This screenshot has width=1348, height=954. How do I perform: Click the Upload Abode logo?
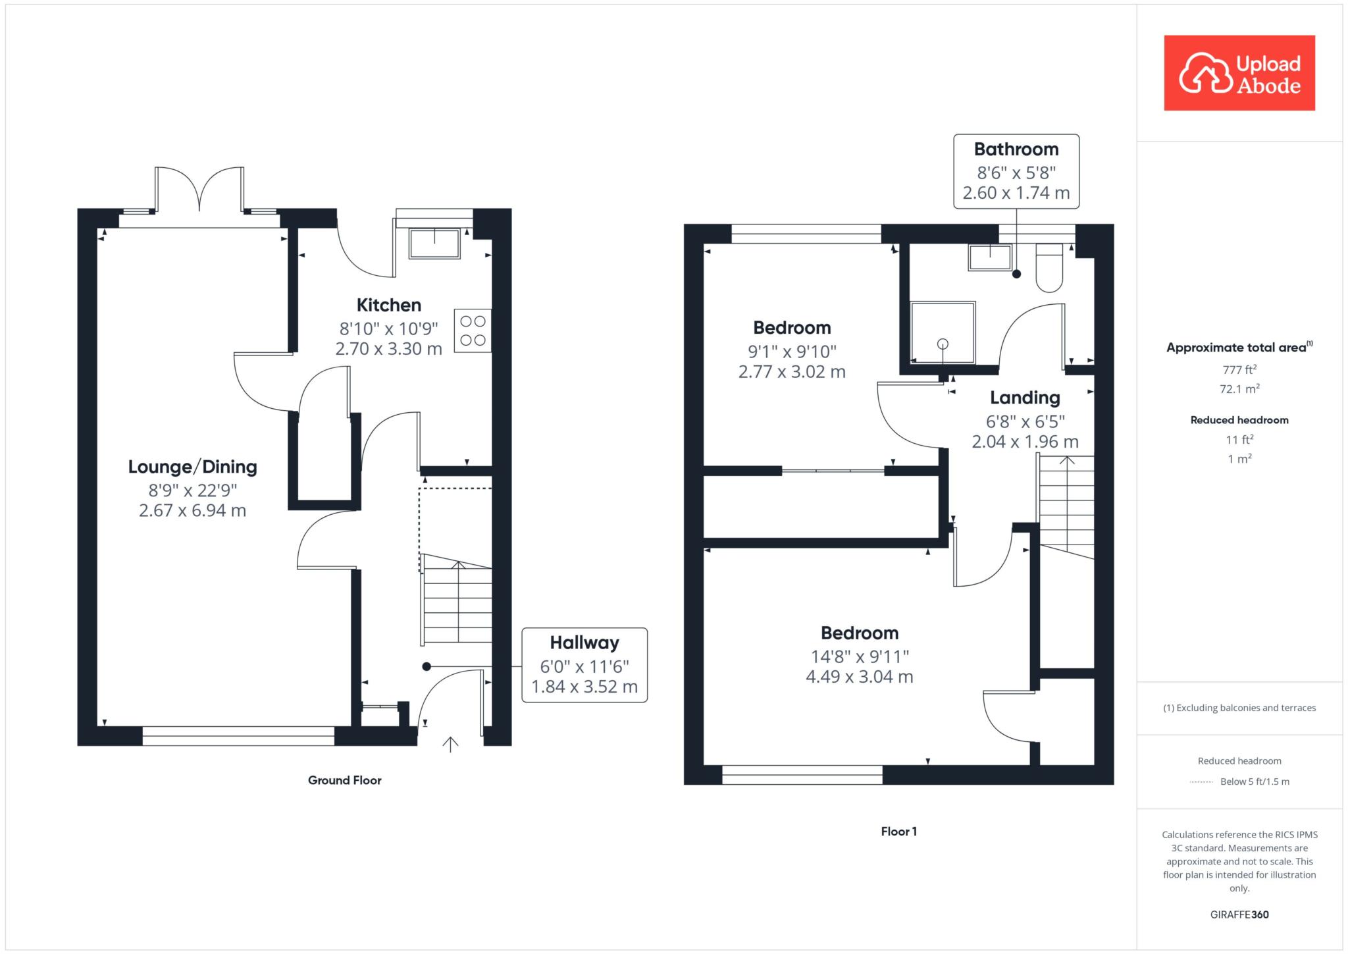coord(1239,72)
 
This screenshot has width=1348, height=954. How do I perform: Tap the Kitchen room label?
coord(389,305)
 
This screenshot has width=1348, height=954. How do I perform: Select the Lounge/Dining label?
coord(192,467)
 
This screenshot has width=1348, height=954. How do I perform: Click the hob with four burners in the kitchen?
coord(473,331)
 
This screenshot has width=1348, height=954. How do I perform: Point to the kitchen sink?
coord(434,244)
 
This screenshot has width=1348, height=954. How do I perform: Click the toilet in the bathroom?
coord(1049,267)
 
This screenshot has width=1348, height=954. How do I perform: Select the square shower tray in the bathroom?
coord(943,332)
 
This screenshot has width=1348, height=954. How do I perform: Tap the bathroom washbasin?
coord(990,257)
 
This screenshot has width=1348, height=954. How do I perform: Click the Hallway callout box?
coord(584,665)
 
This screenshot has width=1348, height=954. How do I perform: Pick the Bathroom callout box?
coord(1016,171)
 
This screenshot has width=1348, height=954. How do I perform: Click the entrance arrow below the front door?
coord(450,744)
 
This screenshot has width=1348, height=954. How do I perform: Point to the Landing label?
coord(1025,398)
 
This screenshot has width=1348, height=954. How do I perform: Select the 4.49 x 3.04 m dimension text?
coord(860,676)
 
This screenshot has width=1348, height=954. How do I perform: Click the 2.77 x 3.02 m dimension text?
coord(792,371)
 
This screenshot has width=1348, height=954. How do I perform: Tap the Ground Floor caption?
coord(345,780)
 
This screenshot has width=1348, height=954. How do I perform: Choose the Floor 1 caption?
coord(899,832)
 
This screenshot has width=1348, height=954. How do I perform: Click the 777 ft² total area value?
coord(1239,370)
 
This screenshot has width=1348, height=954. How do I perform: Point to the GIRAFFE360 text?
coord(1239,914)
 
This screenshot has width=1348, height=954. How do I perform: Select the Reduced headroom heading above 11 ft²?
coord(1239,420)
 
